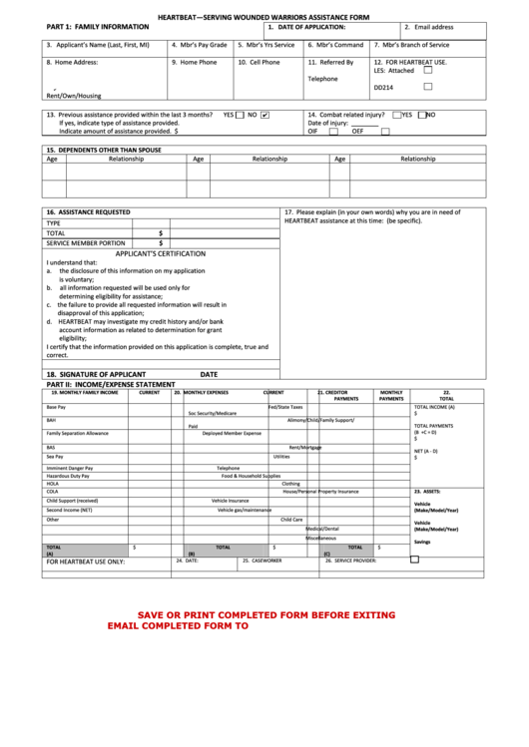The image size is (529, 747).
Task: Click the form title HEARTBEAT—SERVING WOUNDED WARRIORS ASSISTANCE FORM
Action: tap(264, 17)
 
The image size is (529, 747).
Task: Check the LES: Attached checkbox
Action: tap(428, 71)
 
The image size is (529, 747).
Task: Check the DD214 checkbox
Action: tap(428, 87)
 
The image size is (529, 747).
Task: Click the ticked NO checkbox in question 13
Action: tap(264, 115)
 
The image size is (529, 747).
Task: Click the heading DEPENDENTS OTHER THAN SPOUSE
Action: tap(103, 150)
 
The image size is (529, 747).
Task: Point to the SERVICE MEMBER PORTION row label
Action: tap(86, 242)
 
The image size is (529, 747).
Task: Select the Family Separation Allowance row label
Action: tap(77, 434)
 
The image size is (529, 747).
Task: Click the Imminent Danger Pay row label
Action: tap(69, 468)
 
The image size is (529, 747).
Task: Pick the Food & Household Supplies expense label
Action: tap(252, 476)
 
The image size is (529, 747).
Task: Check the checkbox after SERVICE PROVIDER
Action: tap(415, 560)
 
